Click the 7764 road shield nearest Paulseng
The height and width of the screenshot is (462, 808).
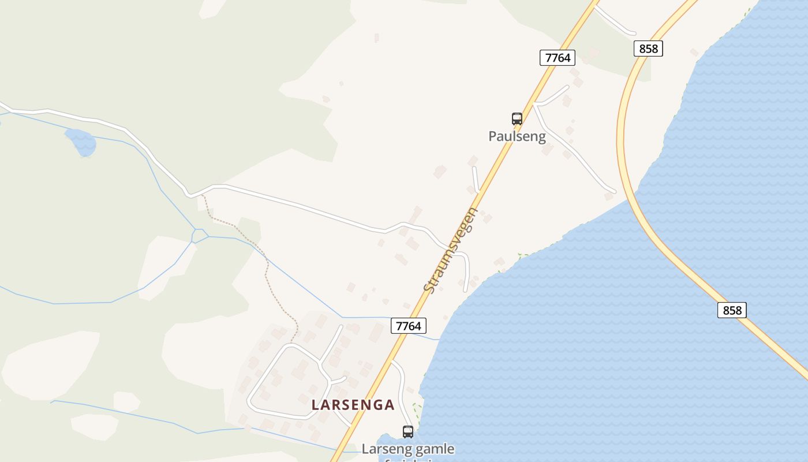557,57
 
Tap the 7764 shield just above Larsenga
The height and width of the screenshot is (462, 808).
409,326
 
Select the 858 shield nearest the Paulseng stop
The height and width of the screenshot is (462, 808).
648,49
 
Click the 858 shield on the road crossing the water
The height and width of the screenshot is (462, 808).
732,310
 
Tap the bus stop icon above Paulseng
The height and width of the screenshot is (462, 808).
517,119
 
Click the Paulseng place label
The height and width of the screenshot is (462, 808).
517,136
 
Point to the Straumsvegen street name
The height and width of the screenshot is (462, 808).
451,249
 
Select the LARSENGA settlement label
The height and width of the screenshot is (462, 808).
353,405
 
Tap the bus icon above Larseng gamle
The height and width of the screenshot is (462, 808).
408,431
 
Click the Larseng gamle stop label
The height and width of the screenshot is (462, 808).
408,449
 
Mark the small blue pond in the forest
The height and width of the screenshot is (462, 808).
81,141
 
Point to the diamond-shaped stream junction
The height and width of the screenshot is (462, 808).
199,236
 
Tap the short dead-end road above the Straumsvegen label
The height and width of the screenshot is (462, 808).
475,179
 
